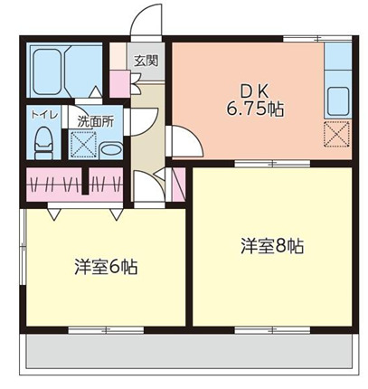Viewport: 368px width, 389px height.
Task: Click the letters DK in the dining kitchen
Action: click(x=253, y=90)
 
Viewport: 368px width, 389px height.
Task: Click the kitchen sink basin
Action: click(x=338, y=100)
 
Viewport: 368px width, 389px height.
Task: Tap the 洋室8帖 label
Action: click(x=270, y=245)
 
